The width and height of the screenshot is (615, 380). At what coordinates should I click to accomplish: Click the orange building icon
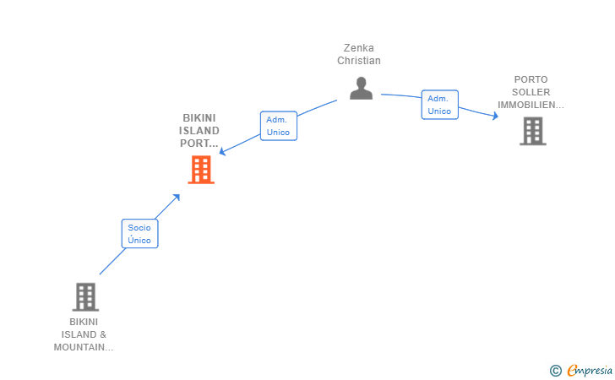[x=200, y=170]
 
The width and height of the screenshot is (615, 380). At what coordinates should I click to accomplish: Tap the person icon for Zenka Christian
[x=361, y=88]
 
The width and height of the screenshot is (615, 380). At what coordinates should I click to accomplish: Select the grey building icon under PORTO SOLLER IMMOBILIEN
[x=532, y=131]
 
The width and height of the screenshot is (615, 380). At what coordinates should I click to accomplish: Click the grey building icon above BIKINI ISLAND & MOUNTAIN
[x=85, y=297]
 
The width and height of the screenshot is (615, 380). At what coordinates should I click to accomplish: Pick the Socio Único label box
[x=139, y=233]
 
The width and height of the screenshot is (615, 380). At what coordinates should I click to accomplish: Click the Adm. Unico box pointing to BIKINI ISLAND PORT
[x=278, y=126]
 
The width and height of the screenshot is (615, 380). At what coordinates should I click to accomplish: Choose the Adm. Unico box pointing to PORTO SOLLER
[x=439, y=105]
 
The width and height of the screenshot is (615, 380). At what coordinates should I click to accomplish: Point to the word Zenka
[x=359, y=48]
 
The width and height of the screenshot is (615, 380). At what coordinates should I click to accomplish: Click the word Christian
[x=359, y=61]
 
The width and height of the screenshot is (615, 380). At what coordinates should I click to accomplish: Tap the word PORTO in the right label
[x=531, y=80]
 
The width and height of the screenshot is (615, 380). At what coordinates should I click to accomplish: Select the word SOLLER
[x=531, y=93]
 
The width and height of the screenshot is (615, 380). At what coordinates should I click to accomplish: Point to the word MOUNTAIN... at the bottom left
[x=84, y=347]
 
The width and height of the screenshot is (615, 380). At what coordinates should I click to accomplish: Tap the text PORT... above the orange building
[x=199, y=144]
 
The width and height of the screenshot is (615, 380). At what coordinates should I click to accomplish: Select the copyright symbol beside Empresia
[x=555, y=370]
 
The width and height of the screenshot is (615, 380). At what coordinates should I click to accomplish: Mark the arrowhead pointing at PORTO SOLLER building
[x=496, y=116]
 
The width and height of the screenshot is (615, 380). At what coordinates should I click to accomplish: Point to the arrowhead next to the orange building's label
[x=223, y=152]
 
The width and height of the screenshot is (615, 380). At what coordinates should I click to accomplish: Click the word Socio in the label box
[x=139, y=227]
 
